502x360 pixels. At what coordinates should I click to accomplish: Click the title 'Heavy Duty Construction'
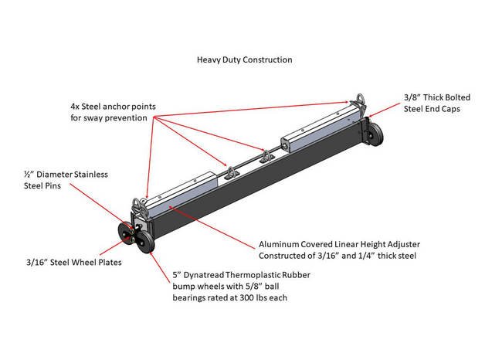[244, 59]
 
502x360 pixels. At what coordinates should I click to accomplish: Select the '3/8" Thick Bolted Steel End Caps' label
[436, 104]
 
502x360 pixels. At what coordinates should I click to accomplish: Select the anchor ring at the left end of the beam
[143, 205]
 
